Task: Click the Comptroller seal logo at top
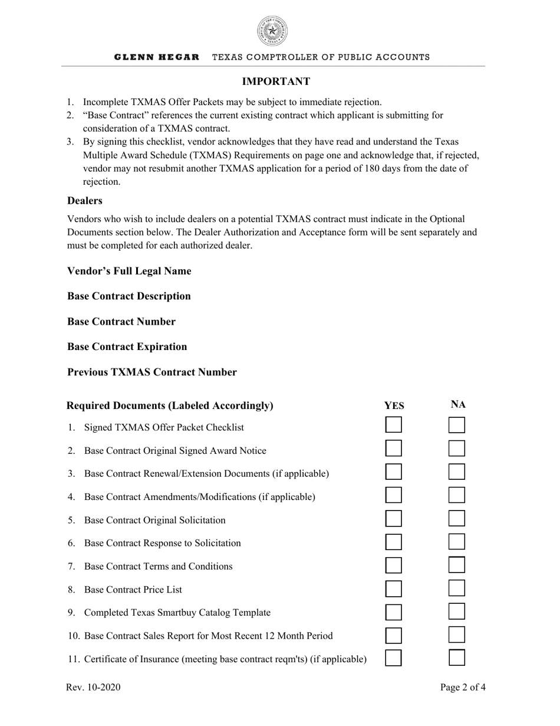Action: coord(272,31)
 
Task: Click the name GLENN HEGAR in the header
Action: coord(156,57)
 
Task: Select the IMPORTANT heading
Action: coord(276,81)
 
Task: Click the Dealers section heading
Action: coord(85,201)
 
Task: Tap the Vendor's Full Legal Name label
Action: coord(129,271)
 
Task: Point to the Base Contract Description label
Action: coord(129,296)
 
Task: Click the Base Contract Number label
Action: coord(121,322)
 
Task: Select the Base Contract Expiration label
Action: coord(127,346)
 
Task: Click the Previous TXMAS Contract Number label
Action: coord(152,372)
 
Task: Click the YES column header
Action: coord(394,405)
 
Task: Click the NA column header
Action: coord(458,404)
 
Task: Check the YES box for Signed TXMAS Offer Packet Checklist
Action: coord(394,425)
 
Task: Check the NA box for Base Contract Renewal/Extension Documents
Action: coord(457,472)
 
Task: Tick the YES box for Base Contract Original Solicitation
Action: coord(394,518)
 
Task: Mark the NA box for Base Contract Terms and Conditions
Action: coord(457,565)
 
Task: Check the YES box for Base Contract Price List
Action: coord(394,588)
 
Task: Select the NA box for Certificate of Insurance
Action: coord(457,658)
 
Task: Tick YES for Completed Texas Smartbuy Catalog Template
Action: coord(394,611)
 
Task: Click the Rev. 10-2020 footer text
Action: coord(94,687)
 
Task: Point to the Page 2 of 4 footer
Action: coord(463,687)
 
